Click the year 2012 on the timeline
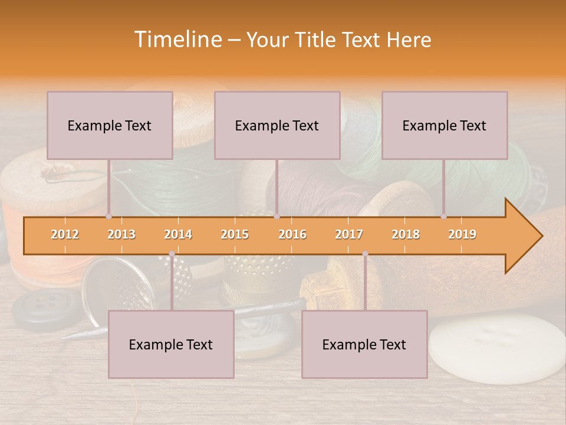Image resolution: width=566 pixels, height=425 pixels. [65, 234]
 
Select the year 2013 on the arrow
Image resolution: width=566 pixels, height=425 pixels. [121, 234]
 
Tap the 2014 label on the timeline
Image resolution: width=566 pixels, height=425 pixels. [178, 234]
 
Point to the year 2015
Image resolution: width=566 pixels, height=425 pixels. [235, 234]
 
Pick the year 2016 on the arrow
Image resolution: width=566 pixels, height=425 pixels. [292, 234]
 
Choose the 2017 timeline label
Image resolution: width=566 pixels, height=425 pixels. [349, 234]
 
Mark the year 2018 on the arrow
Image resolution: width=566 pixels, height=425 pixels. [406, 234]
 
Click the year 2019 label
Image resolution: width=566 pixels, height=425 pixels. [462, 234]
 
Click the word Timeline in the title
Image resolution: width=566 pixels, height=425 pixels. [177, 40]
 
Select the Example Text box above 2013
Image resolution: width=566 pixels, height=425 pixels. [110, 125]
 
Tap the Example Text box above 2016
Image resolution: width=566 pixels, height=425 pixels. [277, 125]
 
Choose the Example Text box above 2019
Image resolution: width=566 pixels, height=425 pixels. [445, 125]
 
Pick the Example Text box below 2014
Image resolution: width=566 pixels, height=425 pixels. [171, 344]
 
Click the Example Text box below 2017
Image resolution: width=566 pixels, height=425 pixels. [364, 344]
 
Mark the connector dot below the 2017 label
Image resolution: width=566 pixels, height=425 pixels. [365, 254]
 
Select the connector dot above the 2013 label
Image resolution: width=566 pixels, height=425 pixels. [108, 217]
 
